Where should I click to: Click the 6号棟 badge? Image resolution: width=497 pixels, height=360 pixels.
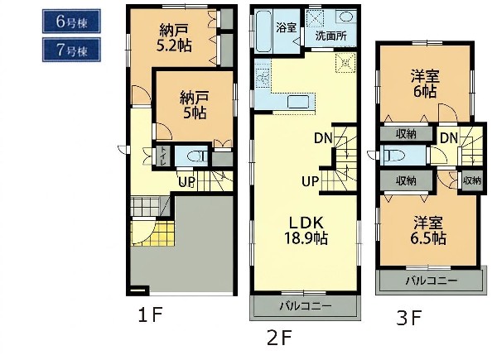tap(71, 22)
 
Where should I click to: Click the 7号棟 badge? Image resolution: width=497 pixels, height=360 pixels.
tap(71, 50)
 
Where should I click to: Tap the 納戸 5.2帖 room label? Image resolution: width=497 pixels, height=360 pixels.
tap(174, 38)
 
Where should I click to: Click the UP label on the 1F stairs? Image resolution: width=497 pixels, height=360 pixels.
tap(186, 182)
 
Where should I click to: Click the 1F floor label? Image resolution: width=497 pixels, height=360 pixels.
tap(150, 315)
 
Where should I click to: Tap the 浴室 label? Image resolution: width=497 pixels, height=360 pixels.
tap(287, 27)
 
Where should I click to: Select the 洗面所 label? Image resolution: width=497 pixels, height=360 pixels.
tap(331, 36)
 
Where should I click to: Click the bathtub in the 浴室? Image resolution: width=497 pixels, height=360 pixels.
tap(263, 31)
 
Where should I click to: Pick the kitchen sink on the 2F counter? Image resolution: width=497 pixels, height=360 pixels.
tap(298, 102)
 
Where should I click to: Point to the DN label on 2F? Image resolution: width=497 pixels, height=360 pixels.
tap(323, 138)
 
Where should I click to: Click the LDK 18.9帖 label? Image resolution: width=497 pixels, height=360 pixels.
tap(306, 231)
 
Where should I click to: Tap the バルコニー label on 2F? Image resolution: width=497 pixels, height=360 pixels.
tap(306, 306)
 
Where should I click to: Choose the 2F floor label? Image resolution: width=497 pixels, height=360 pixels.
tap(279, 338)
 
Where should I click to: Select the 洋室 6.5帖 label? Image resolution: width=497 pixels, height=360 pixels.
tap(428, 231)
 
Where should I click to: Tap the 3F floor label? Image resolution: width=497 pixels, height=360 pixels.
tap(409, 318)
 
